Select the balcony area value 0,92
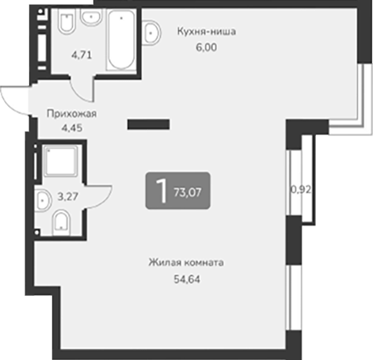click(301, 189)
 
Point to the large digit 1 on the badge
click(162, 190)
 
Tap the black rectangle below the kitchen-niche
click(149, 123)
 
